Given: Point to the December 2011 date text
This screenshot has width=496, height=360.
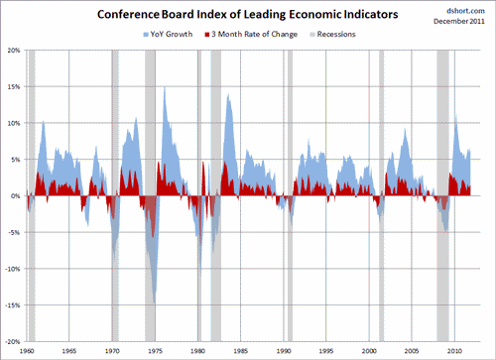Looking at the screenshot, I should click(x=463, y=20).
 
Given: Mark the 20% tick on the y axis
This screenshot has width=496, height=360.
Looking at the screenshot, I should click(x=14, y=50).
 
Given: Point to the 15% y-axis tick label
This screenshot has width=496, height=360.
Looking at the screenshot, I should click(x=14, y=86).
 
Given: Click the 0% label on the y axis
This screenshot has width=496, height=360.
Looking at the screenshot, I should click(x=16, y=195).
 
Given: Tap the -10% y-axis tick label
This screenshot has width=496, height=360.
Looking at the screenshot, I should click(x=13, y=269).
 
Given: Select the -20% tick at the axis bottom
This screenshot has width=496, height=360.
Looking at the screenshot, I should click(x=13, y=341).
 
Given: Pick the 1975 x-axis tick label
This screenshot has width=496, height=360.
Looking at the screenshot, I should click(x=155, y=352).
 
